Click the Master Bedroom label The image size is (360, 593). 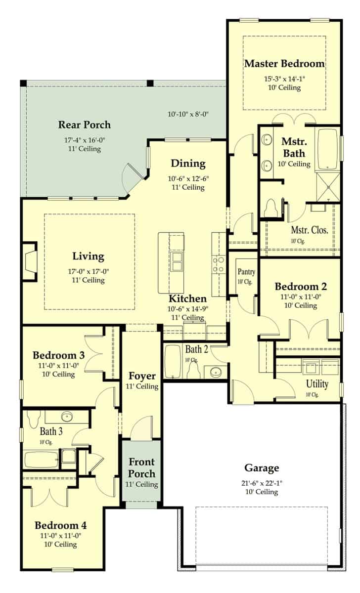tap(284, 64)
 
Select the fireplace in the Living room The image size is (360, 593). tap(30, 261)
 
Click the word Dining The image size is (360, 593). tap(188, 164)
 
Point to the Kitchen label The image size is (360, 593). tap(187, 298)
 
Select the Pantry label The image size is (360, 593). tap(246, 272)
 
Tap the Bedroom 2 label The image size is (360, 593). tap(301, 287)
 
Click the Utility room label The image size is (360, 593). tap(317, 384)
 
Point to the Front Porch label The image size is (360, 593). tap(142, 467)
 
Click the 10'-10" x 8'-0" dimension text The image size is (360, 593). tap(188, 114)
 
